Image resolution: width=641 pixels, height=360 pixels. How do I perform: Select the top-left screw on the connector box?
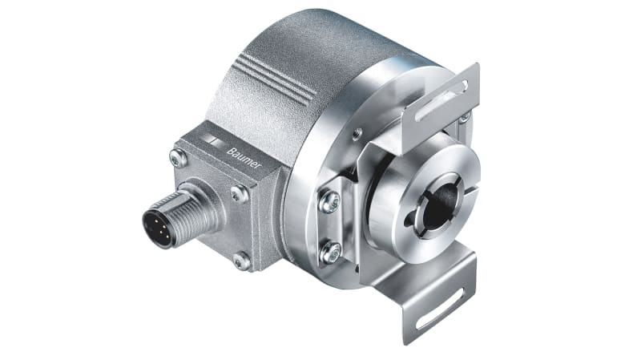tap(179, 157)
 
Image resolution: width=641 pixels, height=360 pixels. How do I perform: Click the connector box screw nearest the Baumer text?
tap(238, 192)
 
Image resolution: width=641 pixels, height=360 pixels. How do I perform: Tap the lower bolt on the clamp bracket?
tap(329, 252)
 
